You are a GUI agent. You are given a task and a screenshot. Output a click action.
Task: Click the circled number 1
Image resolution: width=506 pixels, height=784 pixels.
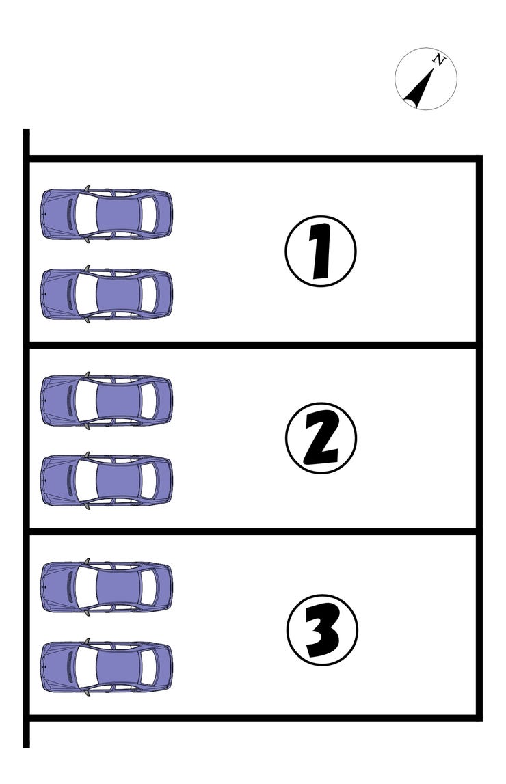point(321,251)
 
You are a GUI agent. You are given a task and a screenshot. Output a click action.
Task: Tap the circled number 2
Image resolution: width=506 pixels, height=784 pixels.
point(321,438)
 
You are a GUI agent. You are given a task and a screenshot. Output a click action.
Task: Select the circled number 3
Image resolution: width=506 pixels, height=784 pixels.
point(322,630)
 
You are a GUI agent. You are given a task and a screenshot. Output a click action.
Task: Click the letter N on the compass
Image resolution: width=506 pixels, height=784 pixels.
point(438,61)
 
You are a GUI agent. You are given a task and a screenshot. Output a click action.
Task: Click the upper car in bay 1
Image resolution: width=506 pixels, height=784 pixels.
point(107,214)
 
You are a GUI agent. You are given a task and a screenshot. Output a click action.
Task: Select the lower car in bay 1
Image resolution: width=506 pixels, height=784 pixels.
point(107,294)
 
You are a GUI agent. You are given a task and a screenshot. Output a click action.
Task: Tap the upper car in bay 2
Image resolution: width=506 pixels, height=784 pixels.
point(107,401)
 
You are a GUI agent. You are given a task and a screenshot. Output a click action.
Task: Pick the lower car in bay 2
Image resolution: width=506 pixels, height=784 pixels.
point(107,481)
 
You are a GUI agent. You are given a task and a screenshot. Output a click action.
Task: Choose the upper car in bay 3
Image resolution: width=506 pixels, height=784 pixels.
point(107,587)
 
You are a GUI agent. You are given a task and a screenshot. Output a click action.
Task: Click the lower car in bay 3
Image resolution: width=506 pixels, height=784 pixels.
point(107,667)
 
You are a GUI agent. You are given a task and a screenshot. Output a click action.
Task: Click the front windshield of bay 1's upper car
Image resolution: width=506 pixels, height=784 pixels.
point(85,214)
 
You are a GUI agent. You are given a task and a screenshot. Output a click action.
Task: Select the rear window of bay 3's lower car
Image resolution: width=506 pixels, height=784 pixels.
point(148,667)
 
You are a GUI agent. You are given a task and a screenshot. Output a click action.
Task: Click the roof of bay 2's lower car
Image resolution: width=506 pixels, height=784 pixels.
point(118,481)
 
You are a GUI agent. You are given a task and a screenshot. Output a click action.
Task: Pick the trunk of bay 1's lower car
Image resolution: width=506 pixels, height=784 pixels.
point(164,294)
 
